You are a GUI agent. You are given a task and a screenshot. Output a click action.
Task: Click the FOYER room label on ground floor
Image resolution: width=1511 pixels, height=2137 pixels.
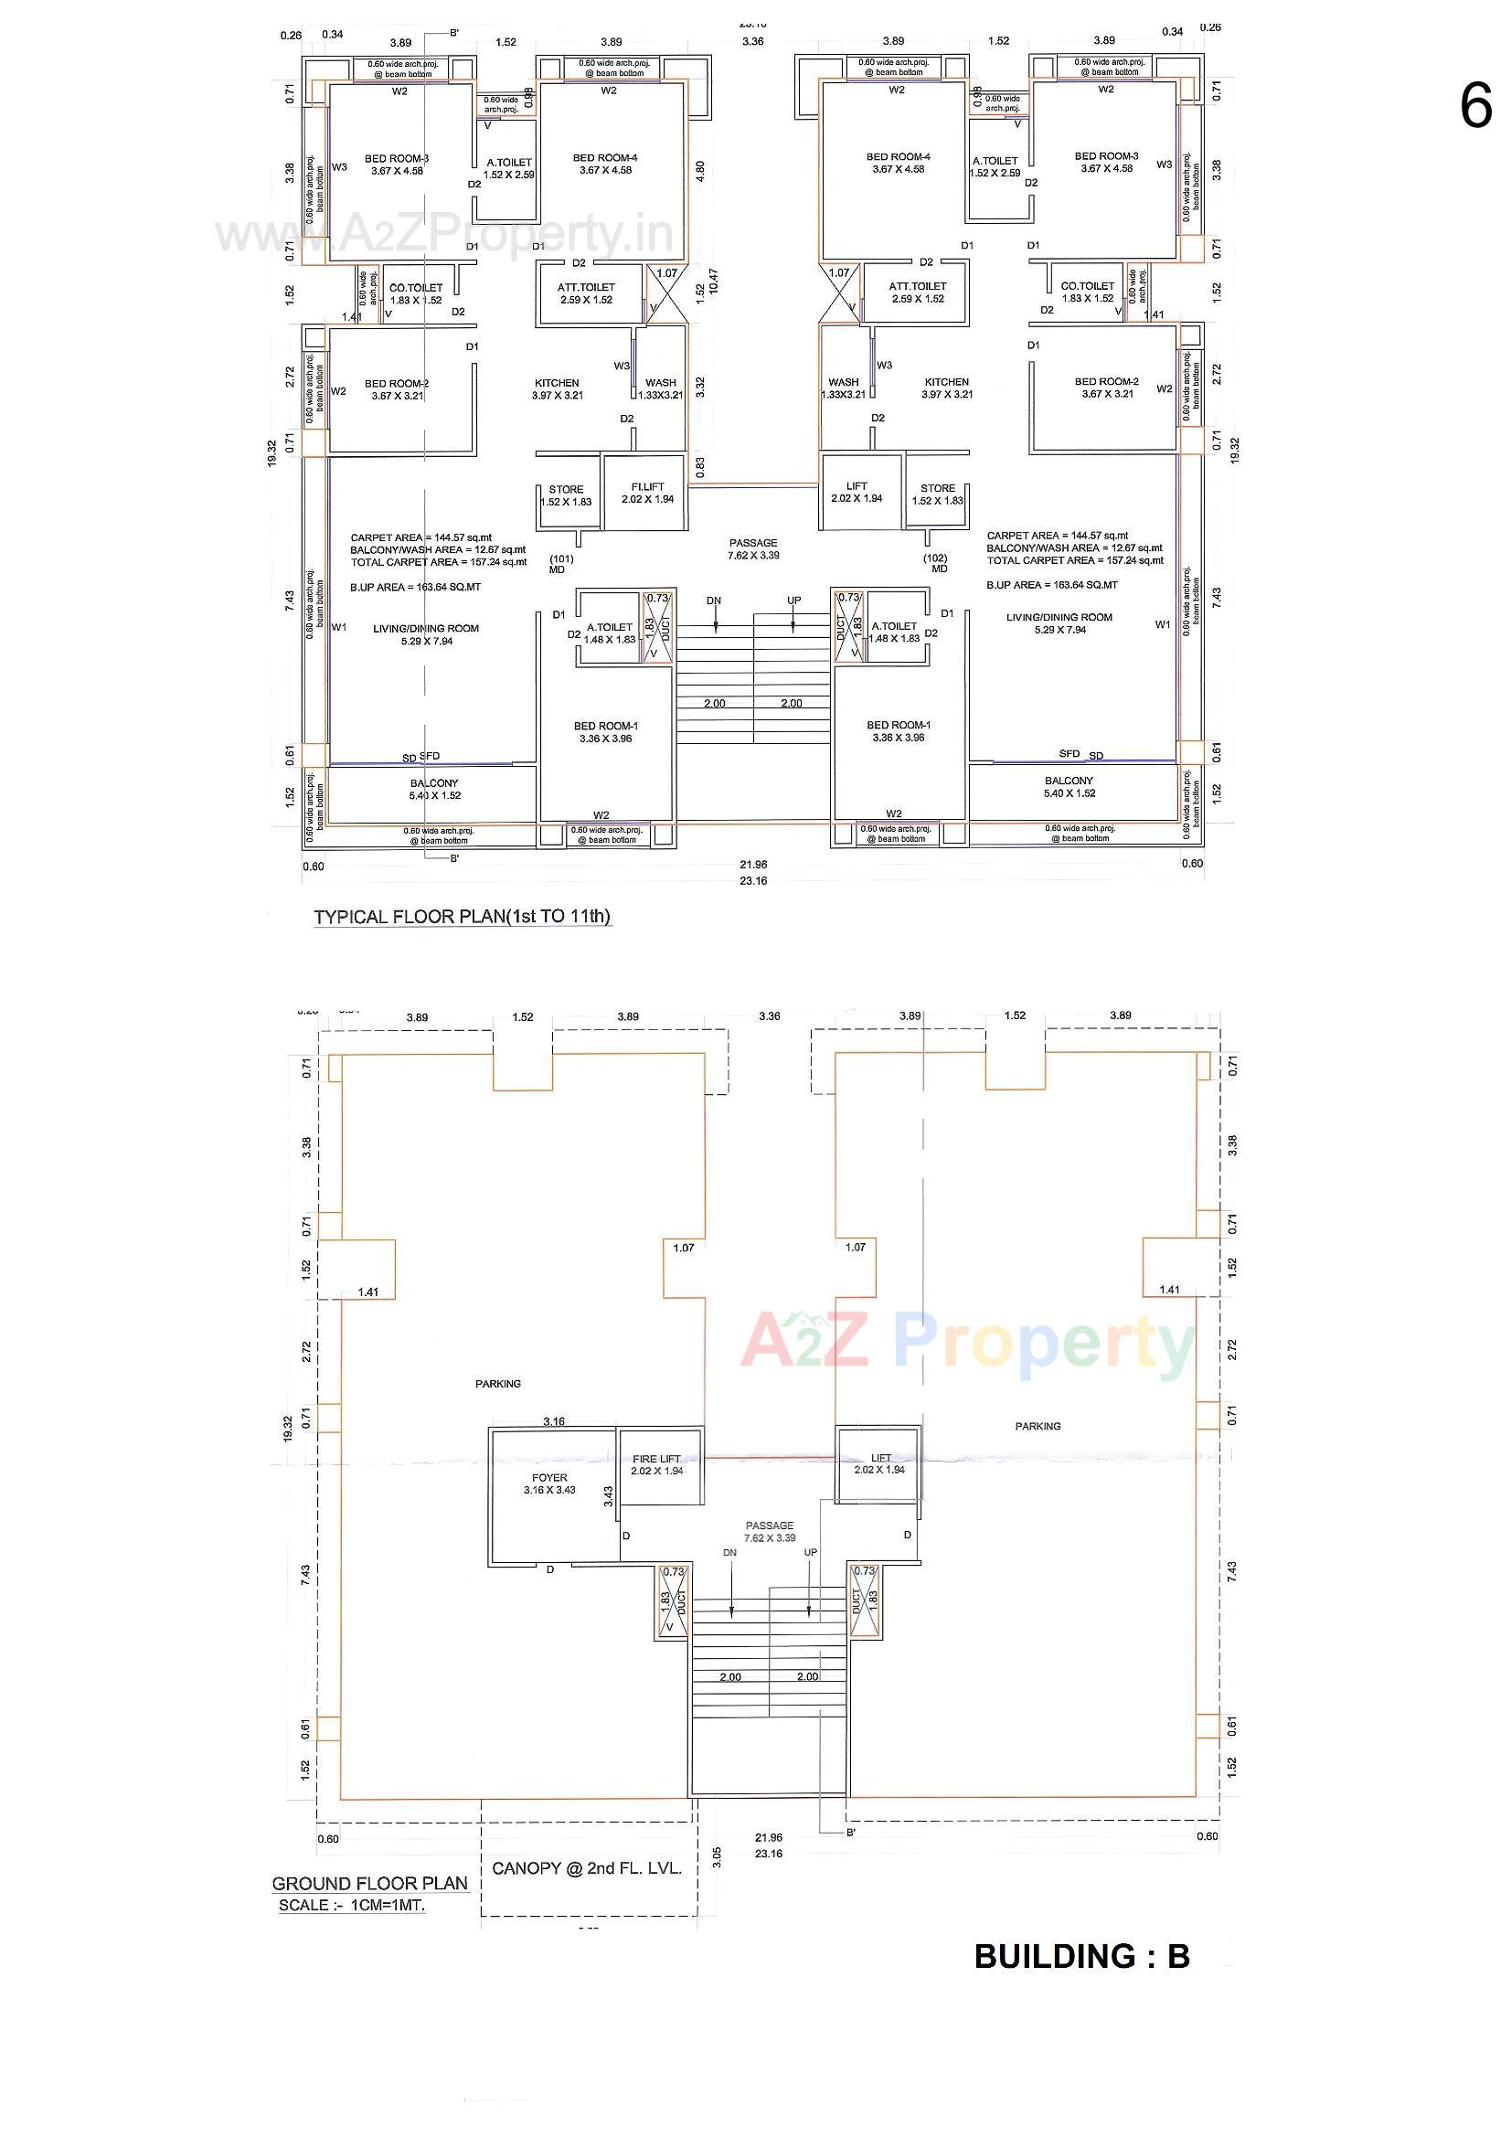click(x=549, y=1483)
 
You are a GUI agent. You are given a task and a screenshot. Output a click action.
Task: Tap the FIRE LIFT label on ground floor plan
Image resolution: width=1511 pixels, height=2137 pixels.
click(x=656, y=1465)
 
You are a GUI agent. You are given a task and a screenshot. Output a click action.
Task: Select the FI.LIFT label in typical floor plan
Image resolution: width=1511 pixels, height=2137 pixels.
click(x=647, y=494)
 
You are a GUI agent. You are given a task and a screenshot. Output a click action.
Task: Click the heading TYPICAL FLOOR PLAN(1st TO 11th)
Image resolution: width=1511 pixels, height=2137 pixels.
click(x=462, y=916)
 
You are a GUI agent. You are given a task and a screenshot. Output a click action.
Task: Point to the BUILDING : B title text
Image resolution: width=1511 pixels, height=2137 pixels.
click(x=1081, y=1956)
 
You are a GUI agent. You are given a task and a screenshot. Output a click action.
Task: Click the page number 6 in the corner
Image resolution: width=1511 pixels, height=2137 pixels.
click(x=1475, y=106)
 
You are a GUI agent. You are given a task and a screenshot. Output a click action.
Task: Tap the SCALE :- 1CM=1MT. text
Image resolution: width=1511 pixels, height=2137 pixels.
click(x=351, y=1905)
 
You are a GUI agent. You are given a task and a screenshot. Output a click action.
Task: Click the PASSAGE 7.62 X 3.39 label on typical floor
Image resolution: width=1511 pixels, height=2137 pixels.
click(x=753, y=549)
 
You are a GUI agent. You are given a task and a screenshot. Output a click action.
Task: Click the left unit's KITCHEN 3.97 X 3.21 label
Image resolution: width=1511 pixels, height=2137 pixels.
click(x=557, y=389)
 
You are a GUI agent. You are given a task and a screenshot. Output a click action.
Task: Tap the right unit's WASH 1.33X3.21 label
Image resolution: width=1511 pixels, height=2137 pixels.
click(x=844, y=388)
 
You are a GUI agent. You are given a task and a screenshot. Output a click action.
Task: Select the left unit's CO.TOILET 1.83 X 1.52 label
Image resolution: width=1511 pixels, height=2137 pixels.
click(x=415, y=294)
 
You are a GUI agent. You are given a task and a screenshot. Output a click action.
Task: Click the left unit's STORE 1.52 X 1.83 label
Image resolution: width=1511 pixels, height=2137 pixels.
click(x=565, y=495)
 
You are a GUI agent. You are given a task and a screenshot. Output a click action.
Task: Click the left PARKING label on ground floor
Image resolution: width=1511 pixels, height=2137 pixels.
click(x=498, y=1384)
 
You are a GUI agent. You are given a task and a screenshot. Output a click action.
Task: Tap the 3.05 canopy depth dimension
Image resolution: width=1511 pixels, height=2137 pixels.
click(x=717, y=1856)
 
